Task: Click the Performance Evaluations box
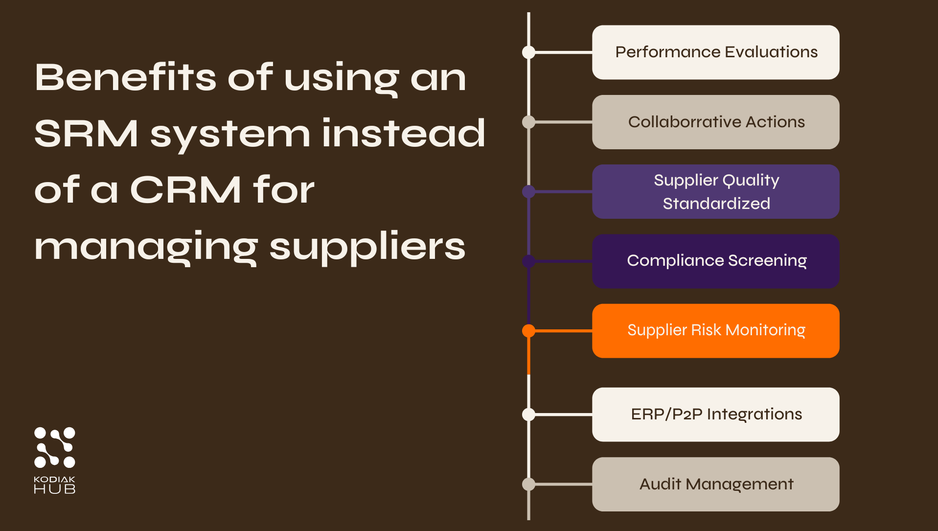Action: tap(715, 52)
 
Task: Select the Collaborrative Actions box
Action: tap(715, 122)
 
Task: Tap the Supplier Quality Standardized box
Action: tap(715, 191)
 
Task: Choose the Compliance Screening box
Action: tap(715, 261)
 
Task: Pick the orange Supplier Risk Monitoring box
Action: tap(715, 331)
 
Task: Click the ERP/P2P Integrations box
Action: tap(715, 415)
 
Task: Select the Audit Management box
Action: tap(715, 484)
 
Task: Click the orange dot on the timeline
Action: tap(528, 331)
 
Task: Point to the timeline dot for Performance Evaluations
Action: tap(528, 52)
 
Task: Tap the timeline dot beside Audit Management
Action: tap(528, 484)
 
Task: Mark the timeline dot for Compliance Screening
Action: tap(528, 261)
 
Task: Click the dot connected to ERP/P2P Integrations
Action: tap(528, 415)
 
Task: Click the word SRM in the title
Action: tap(87, 134)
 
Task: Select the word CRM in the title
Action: tap(185, 190)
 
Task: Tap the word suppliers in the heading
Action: tap(367, 247)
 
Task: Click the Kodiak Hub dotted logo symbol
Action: tap(55, 447)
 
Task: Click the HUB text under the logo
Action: tap(55, 489)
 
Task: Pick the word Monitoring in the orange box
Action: tap(765, 330)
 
